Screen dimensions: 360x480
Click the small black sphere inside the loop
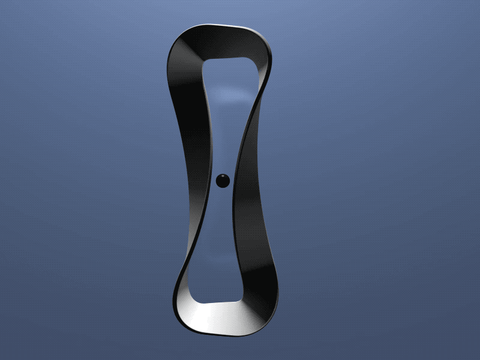pos(223,180)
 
